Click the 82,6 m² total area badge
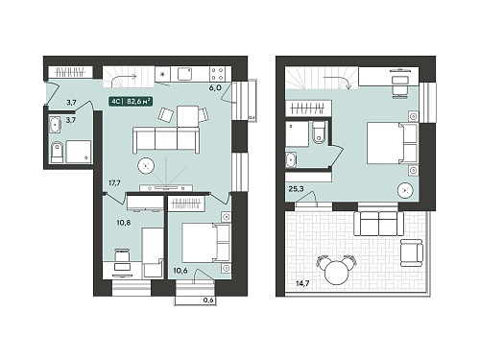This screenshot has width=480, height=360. tap(131, 102)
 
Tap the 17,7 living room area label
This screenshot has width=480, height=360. tap(114, 183)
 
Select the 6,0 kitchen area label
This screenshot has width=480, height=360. tap(215, 87)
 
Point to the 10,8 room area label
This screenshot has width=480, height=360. tap(124, 222)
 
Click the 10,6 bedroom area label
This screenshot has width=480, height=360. tap(180, 271)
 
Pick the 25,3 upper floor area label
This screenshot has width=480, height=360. tap(296, 189)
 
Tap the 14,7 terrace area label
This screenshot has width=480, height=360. tap(302, 283)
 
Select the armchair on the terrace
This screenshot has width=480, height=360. tap(412, 252)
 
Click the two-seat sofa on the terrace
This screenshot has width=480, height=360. tap(378, 224)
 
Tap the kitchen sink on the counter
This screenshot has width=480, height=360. tap(184, 74)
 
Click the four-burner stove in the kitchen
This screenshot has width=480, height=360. tap(217, 74)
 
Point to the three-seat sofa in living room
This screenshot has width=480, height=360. tap(166, 140)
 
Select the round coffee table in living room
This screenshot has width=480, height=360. tap(146, 166)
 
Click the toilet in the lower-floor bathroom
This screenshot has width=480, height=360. tap(57, 152)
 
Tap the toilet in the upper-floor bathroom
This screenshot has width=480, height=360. tap(319, 132)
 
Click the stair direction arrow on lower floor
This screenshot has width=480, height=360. tap(124, 78)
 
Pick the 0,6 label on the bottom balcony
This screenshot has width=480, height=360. tap(208, 300)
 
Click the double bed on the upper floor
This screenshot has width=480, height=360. tap(392, 143)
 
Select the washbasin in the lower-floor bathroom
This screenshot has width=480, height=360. tap(56, 124)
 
